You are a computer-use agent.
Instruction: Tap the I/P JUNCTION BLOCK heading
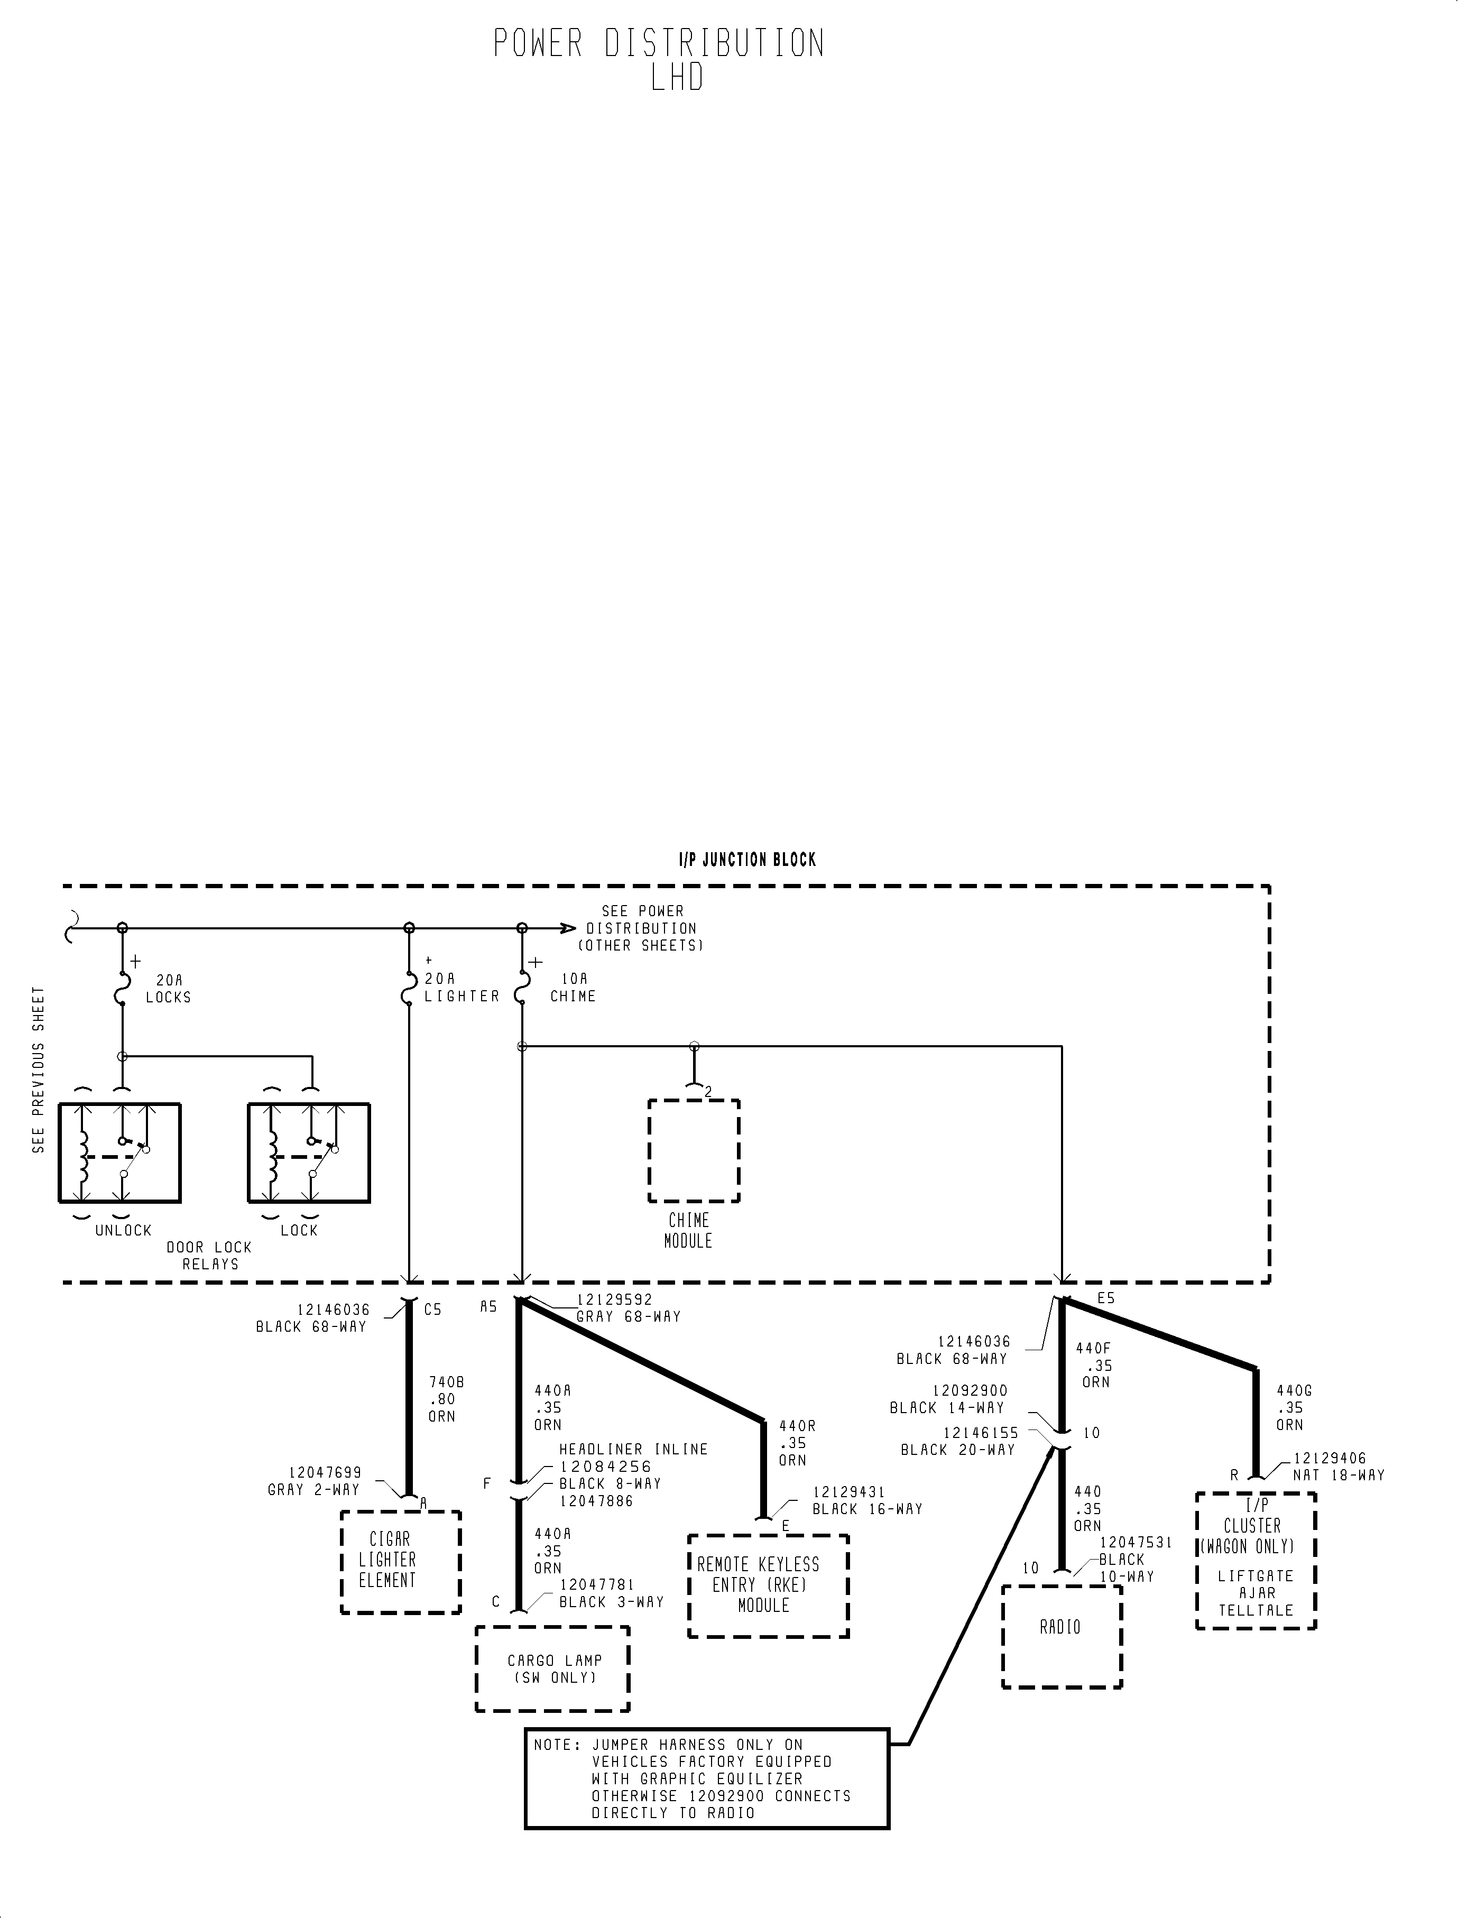coord(746,860)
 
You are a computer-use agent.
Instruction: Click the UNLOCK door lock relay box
coord(120,1152)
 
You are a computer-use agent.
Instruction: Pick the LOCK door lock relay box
coord(309,1152)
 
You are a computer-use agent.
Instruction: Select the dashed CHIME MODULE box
coord(694,1151)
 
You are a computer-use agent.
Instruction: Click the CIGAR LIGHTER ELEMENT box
coord(400,1562)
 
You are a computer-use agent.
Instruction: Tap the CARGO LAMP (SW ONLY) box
coord(552,1668)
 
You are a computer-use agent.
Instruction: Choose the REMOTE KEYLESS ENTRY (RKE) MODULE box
coord(768,1585)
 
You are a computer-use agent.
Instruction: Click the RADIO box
coord(1062,1636)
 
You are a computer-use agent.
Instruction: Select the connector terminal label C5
coord(433,1310)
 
